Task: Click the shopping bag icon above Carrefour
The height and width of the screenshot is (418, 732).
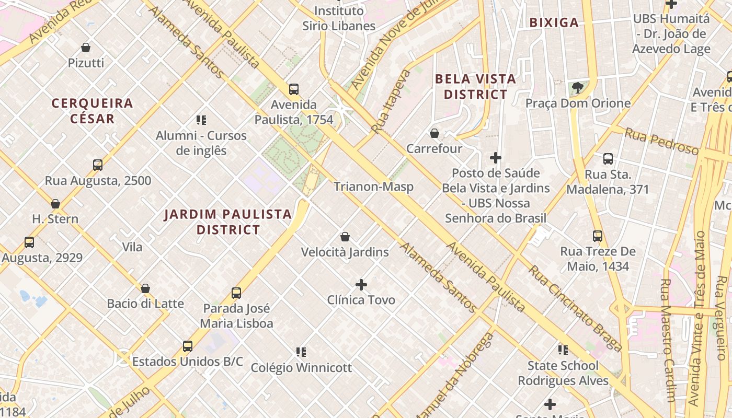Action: click(x=434, y=133)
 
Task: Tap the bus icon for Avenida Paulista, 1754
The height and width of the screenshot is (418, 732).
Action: click(x=294, y=89)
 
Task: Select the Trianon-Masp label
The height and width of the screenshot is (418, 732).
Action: click(x=373, y=187)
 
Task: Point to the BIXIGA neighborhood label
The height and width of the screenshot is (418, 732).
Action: click(x=554, y=22)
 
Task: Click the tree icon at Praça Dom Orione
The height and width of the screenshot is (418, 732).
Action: click(x=577, y=88)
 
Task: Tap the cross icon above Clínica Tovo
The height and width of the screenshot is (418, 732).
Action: click(x=361, y=285)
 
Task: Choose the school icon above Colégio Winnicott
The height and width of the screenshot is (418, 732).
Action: click(x=301, y=352)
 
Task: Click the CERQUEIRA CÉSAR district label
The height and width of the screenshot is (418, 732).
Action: click(x=92, y=111)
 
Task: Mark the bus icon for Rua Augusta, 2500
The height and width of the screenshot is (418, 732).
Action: click(x=98, y=165)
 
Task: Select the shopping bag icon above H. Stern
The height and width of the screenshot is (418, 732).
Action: click(x=55, y=203)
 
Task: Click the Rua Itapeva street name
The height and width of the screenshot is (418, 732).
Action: click(x=391, y=101)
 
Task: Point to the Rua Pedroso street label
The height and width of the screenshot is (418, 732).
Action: click(x=661, y=142)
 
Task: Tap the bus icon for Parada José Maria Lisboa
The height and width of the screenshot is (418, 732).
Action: click(x=236, y=293)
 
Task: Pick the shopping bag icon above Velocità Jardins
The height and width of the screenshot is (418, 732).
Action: click(x=345, y=237)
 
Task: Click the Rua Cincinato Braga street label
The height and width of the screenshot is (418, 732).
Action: click(x=575, y=308)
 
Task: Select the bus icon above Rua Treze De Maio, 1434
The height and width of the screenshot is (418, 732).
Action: click(x=598, y=236)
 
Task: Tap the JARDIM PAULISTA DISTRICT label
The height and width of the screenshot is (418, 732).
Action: click(x=228, y=222)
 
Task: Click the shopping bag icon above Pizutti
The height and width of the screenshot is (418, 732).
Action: click(x=86, y=48)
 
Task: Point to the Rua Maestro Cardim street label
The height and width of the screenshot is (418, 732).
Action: click(x=668, y=340)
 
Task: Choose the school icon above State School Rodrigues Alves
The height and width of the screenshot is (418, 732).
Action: click(x=563, y=350)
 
